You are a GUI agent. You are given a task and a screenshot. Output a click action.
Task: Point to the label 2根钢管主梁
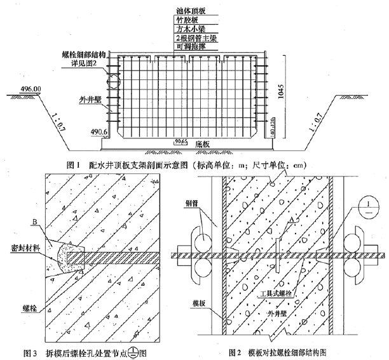click(x=194, y=39)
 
